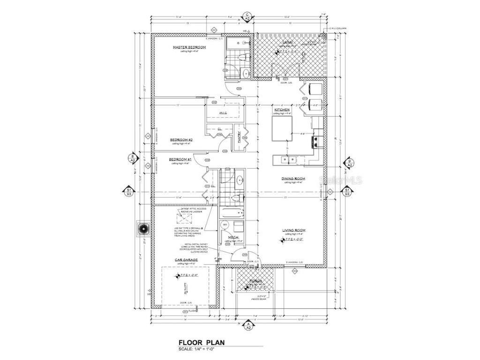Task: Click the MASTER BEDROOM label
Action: [189, 47]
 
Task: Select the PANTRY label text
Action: [239, 136]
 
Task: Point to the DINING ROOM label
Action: [293, 179]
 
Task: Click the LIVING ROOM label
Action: [294, 230]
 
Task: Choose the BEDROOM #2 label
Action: [181, 140]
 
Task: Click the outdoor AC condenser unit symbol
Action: [143, 229]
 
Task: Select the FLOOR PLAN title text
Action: [201, 343]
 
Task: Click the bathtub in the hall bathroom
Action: [233, 213]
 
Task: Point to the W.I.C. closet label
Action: [223, 113]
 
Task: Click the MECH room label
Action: [233, 238]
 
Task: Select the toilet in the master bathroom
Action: [242, 58]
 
